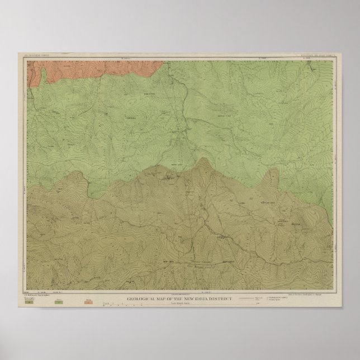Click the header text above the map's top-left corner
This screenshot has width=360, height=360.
point(40,56)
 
